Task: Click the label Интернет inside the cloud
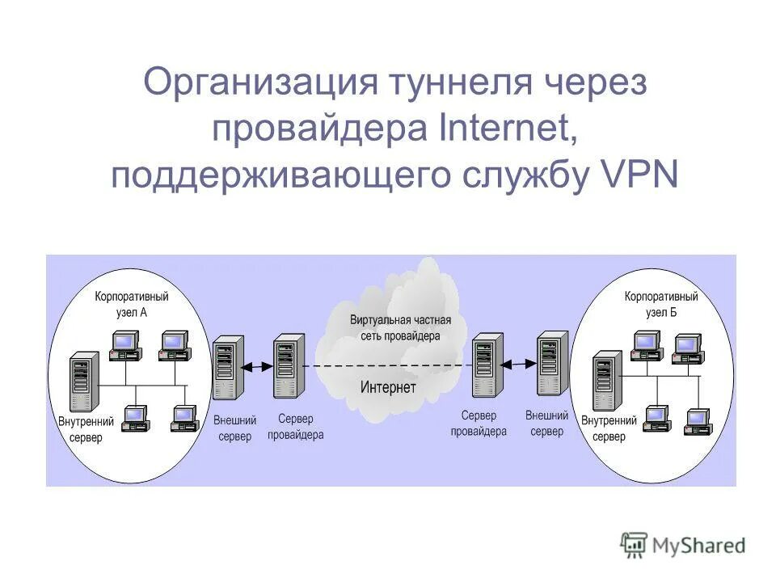388,387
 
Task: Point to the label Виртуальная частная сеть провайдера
395,327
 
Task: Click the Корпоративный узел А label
132,305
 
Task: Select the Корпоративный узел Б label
660,305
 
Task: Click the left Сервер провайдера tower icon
289,367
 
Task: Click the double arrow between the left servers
258,367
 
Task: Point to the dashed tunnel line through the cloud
388,366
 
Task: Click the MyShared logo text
698,546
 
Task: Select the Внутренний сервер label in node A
81,429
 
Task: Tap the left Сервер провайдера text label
295,427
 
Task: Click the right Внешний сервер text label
547,424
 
